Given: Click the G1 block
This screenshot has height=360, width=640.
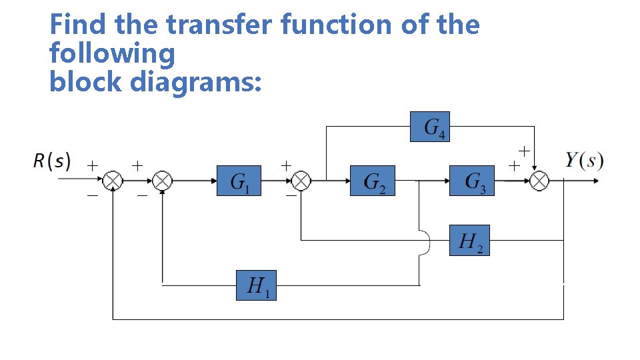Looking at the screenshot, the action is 239,181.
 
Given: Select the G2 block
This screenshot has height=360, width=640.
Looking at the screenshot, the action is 372,181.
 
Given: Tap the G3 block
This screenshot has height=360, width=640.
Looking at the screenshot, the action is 471,181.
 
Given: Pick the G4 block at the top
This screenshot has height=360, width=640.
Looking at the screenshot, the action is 429,127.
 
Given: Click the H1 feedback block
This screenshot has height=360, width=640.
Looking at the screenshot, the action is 256,285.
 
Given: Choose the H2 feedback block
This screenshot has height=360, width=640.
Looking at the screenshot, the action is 471,240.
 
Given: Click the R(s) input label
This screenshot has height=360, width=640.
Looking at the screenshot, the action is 51,161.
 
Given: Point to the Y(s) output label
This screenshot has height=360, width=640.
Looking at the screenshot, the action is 585,160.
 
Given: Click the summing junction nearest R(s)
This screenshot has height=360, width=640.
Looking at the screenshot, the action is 114,181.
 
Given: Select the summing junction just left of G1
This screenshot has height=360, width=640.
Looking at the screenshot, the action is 162,181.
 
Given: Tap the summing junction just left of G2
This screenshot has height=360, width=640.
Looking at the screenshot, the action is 302,181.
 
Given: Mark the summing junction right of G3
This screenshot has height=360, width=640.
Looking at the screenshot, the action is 539,181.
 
